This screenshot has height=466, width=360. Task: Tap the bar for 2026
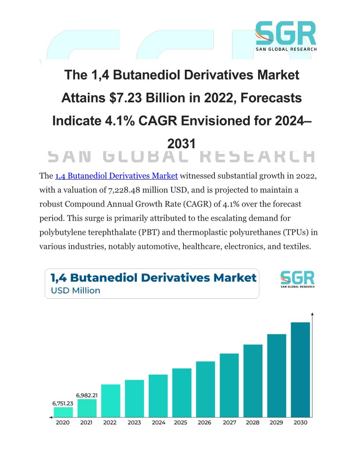[x=205, y=389]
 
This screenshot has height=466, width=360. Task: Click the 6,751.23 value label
[x=63, y=403]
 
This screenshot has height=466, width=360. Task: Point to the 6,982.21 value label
[x=87, y=395]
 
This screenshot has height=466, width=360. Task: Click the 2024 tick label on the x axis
[x=158, y=422]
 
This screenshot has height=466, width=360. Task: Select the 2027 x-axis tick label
[x=229, y=422]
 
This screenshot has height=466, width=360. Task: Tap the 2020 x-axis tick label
[x=63, y=422]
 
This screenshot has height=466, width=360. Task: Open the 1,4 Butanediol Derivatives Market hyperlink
[x=116, y=176]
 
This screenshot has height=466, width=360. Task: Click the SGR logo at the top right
[x=286, y=36]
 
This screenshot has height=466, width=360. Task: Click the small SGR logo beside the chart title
[x=297, y=280]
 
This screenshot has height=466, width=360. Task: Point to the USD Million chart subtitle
[x=75, y=290]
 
